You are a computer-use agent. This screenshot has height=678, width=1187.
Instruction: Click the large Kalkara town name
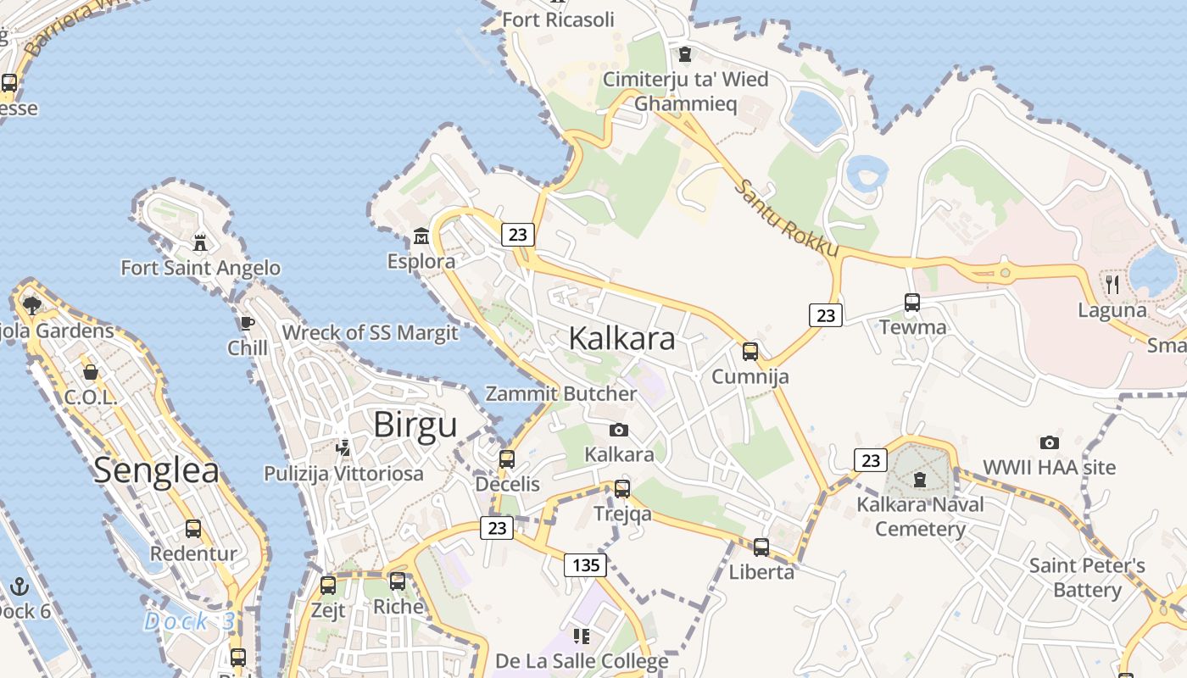[621, 338]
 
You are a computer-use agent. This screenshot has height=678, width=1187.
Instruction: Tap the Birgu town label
[415, 425]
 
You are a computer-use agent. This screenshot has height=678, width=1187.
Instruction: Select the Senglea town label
[156, 470]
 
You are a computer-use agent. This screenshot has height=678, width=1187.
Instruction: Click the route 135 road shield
[586, 565]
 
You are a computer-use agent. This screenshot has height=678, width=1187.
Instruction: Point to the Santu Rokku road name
[786, 219]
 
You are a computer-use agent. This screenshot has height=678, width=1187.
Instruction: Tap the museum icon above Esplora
[421, 236]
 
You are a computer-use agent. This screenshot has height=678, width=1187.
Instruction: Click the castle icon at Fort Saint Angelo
[200, 243]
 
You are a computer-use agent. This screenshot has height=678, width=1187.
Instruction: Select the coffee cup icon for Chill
[247, 324]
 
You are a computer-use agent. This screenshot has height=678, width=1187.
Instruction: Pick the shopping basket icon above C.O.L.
[90, 372]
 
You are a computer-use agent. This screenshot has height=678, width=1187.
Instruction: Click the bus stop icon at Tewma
[912, 303]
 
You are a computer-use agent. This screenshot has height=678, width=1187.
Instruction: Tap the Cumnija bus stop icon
[750, 352]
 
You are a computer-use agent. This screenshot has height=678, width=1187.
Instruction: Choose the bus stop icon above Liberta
[761, 547]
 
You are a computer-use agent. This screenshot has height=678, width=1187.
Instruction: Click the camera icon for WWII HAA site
[1049, 442]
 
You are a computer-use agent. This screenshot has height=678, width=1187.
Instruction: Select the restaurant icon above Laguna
[1112, 285]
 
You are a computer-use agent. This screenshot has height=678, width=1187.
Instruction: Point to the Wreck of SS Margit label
[370, 333]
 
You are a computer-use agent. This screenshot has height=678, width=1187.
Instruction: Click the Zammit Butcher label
[560, 394]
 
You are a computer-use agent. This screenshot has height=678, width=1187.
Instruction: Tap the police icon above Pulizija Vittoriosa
[343, 447]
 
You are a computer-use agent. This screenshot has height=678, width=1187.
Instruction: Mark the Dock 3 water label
[189, 621]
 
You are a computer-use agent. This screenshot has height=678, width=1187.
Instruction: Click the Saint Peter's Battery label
[1087, 577]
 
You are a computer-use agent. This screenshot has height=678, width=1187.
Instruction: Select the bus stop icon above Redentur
[193, 529]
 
